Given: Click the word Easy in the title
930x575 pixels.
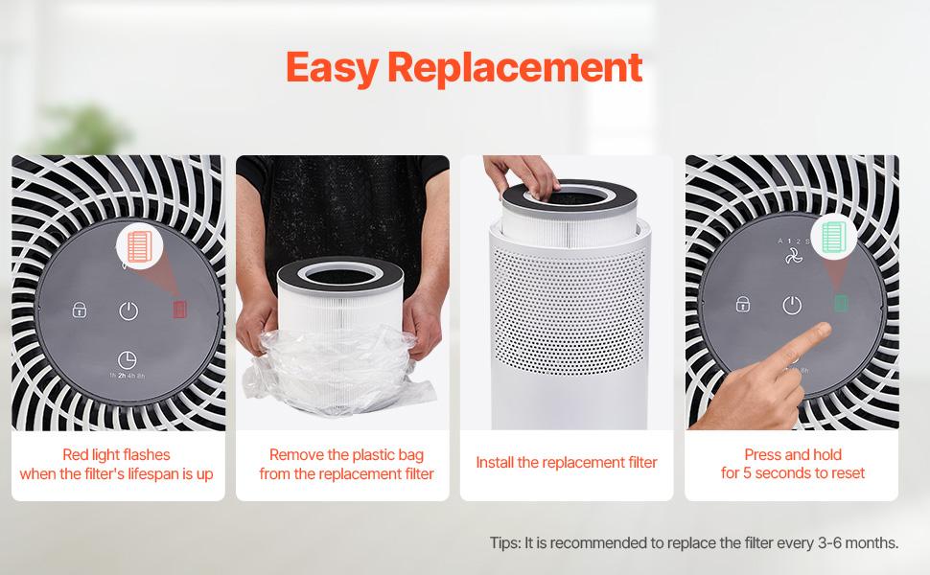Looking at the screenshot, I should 332,69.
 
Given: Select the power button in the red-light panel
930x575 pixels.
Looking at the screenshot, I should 128,310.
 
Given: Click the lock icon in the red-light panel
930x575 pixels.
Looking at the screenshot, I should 80,310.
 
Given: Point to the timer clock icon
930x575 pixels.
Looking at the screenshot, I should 127,359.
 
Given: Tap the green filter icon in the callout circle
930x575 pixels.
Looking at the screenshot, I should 833,237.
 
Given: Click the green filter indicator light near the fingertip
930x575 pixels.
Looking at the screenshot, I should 841,304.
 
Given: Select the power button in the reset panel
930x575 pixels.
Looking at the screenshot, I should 792,305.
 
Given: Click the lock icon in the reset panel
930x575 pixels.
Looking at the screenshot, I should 742,305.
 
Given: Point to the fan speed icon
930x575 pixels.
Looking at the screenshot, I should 793,257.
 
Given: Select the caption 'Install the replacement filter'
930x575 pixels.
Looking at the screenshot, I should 567,463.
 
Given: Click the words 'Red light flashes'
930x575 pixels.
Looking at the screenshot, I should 116,455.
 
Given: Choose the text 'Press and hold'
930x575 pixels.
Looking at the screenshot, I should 793,455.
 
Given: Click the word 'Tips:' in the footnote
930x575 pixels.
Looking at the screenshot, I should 505,543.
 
